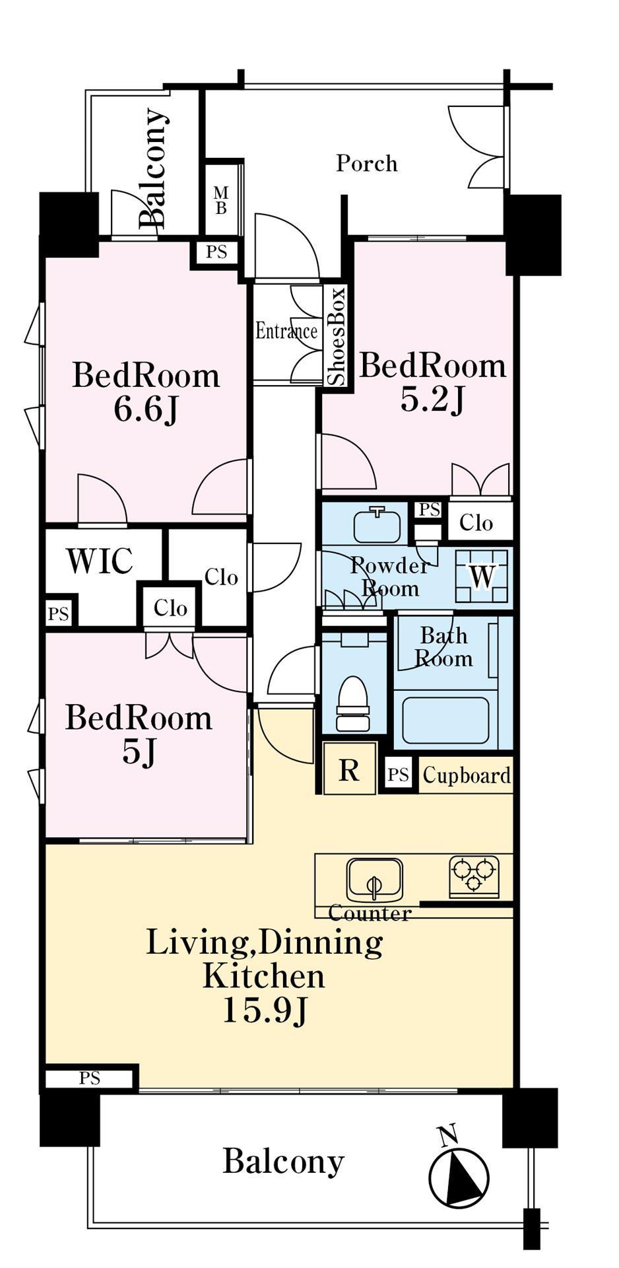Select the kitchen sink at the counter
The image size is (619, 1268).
point(374,879)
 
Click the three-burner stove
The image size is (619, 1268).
point(474,876)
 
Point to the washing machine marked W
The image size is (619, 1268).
point(482,576)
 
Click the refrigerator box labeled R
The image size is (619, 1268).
point(349,769)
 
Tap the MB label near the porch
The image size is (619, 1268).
point(221,200)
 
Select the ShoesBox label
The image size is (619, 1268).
point(337,335)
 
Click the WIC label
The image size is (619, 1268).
point(100,561)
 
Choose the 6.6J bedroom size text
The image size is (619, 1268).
point(146,410)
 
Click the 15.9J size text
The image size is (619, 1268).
point(265,1010)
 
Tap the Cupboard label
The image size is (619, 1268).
point(467,775)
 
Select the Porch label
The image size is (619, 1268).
point(367,162)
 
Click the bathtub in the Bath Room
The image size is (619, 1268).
point(445,721)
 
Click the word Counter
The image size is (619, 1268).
point(370,913)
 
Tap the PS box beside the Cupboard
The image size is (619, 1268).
point(398,775)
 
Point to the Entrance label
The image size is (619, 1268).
point(286,330)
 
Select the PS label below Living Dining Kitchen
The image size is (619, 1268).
point(90,1078)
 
